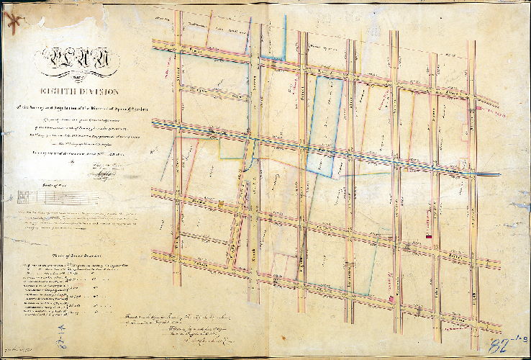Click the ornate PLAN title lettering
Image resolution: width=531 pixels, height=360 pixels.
(70, 57)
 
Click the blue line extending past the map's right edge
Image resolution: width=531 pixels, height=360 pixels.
(489, 174)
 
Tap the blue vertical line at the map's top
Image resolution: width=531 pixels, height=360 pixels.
(286, 36)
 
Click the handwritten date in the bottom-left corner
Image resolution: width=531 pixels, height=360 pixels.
(18, 351)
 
